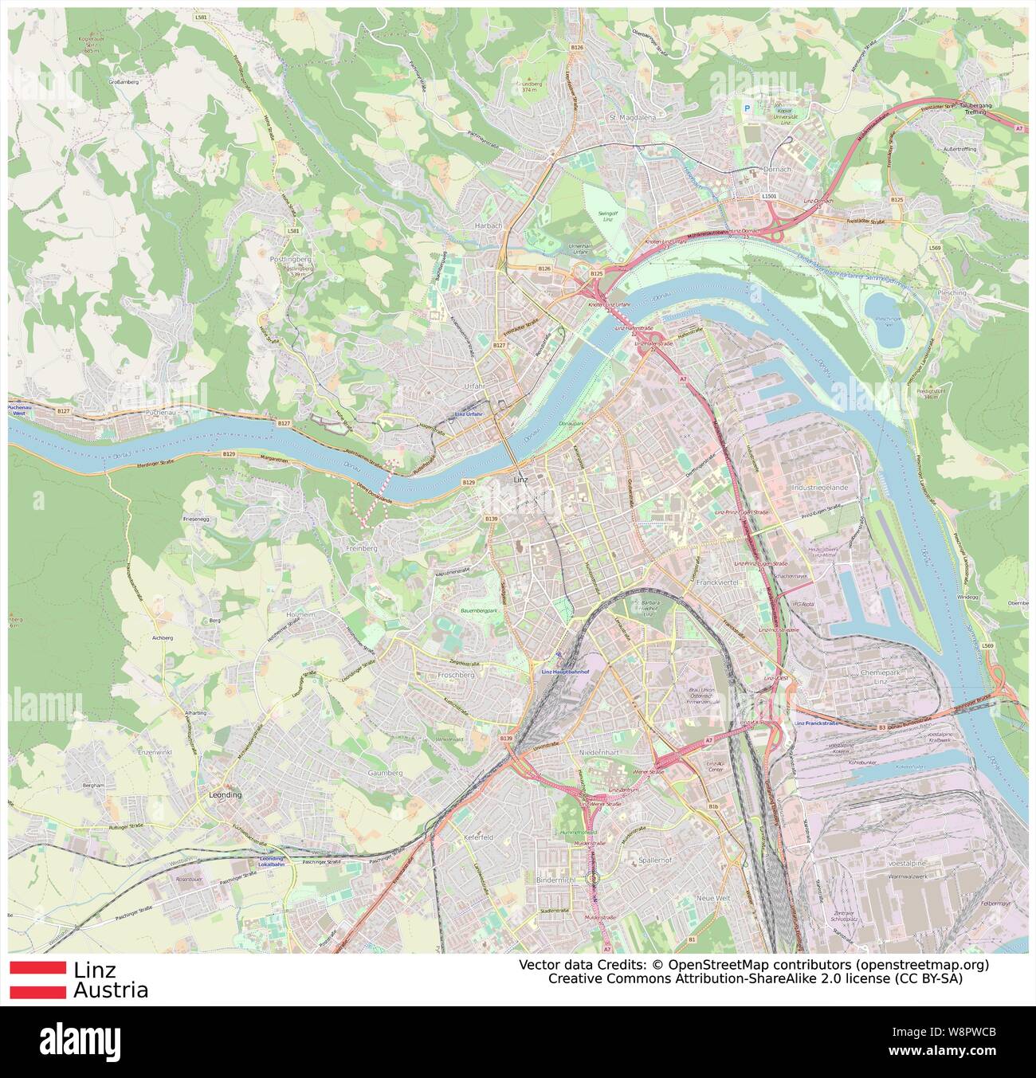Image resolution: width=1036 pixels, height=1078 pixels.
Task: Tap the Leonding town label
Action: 224,795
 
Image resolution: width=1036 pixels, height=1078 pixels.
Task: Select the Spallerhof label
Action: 655,861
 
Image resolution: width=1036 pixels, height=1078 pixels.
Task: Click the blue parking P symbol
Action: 747,108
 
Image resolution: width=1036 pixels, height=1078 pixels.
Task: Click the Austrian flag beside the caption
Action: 37,979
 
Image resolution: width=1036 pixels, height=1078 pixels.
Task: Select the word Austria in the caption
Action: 110,990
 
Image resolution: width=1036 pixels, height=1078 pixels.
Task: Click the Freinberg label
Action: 363,549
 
